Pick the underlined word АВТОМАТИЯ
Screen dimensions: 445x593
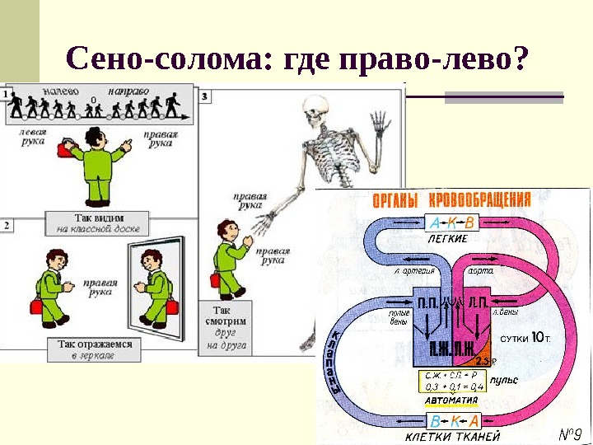coord(451,401)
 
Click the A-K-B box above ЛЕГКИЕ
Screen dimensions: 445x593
coord(451,222)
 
